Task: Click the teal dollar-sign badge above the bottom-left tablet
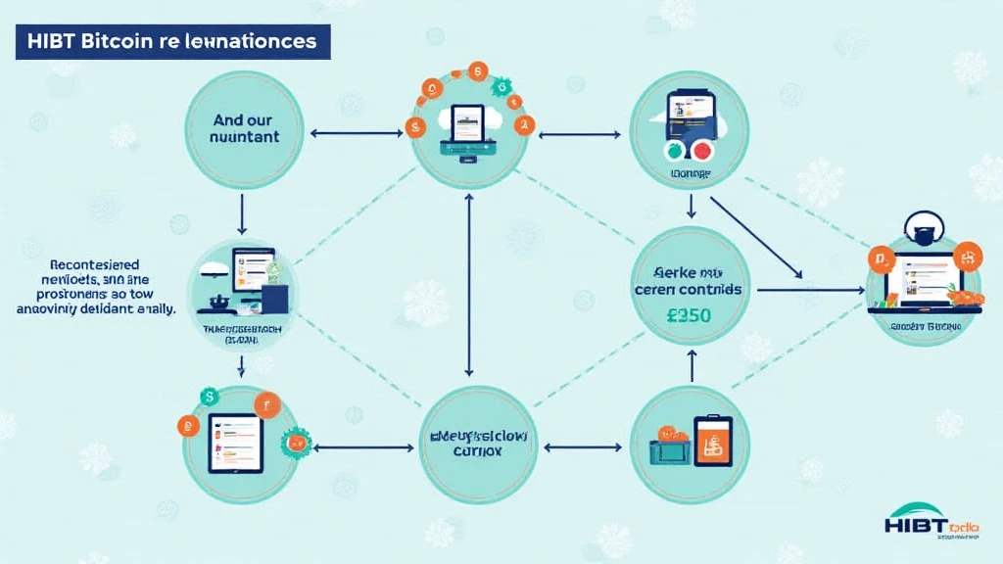pyautogui.click(x=208, y=396)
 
